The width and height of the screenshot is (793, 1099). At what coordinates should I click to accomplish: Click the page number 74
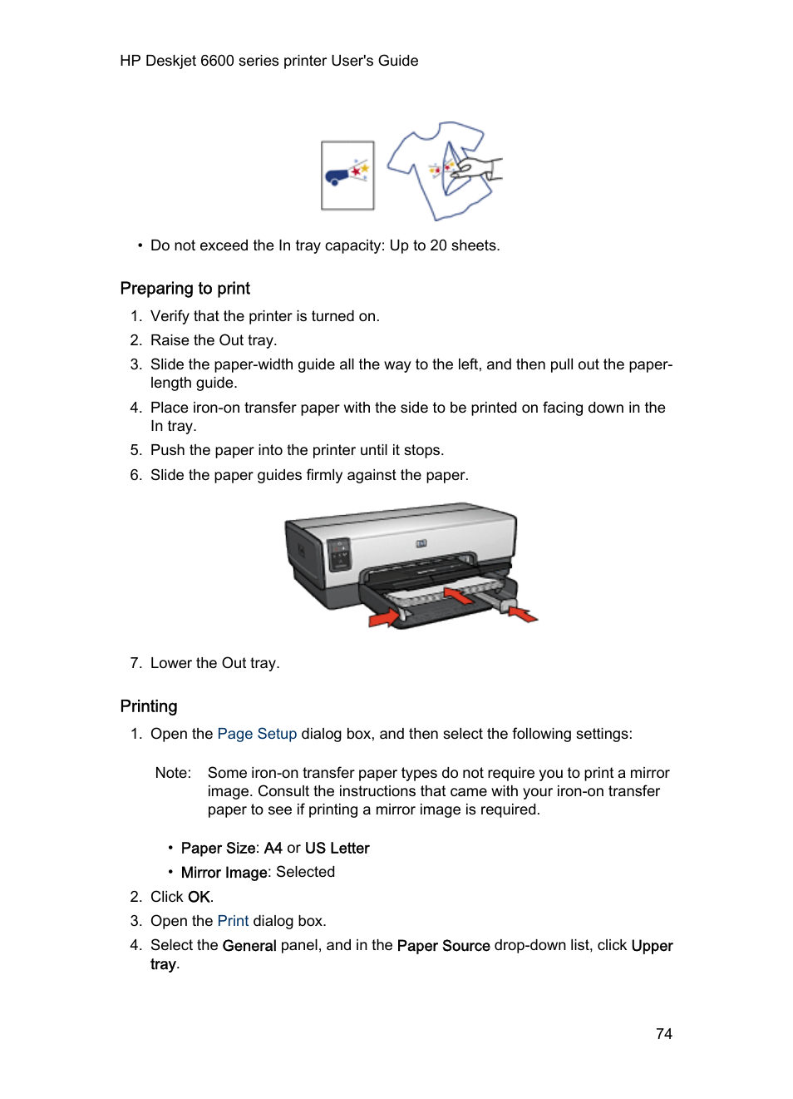[x=663, y=1033]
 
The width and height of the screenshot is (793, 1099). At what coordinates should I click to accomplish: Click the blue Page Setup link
[x=257, y=734]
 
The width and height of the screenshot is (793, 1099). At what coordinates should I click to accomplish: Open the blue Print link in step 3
[x=233, y=921]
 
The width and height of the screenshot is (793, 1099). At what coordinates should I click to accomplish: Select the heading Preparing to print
[x=185, y=289]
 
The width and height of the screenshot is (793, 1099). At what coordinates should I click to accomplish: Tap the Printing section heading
[x=149, y=706]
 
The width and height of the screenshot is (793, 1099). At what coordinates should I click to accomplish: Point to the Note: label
[x=173, y=773]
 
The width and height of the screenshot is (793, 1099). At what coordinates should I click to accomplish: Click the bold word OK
[x=199, y=897]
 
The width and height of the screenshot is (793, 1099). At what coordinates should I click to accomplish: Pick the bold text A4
[x=273, y=849]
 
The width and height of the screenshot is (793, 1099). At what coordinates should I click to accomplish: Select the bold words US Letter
[x=337, y=849]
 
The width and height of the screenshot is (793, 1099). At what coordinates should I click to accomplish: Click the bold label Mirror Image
[x=224, y=873]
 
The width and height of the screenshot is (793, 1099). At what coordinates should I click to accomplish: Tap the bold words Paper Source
[x=443, y=946]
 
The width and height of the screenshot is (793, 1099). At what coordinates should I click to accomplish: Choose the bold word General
[x=249, y=946]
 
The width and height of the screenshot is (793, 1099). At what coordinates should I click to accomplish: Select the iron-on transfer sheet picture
[x=347, y=176]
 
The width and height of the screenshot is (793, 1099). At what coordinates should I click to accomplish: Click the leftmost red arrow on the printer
[x=383, y=617]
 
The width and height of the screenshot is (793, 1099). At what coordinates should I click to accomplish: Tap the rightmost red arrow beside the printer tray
[x=523, y=615]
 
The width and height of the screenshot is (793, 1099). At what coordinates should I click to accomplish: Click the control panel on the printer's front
[x=339, y=554]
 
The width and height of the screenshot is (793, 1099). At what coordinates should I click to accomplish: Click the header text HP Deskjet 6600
[x=176, y=61]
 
